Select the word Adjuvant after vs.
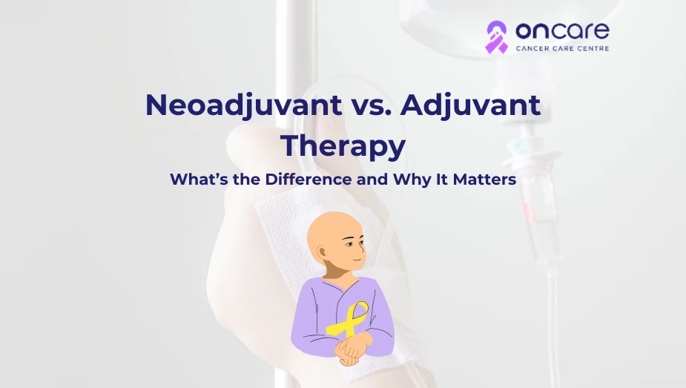pyautogui.click(x=470, y=105)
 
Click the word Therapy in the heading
pyautogui.click(x=343, y=145)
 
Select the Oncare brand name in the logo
pyautogui.click(x=561, y=31)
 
